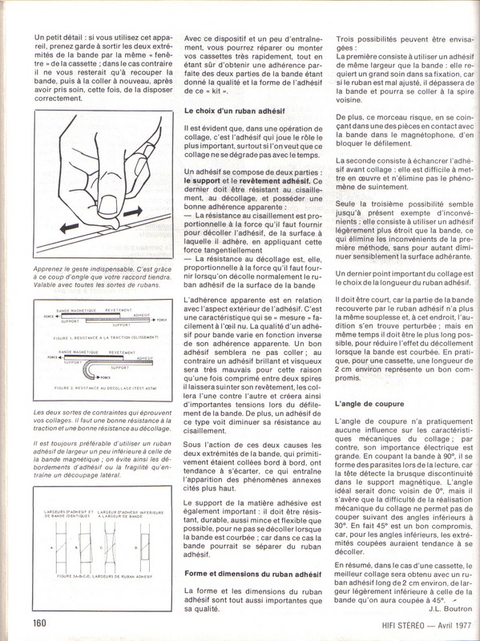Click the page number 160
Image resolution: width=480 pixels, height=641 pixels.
click(39, 623)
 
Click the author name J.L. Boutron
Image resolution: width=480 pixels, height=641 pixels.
click(450, 609)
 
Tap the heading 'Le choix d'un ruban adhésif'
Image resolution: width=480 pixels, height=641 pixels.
click(235, 111)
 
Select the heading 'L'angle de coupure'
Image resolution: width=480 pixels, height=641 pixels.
click(369, 404)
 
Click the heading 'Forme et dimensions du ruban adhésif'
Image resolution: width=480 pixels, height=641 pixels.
click(252, 574)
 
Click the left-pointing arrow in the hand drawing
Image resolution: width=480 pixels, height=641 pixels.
click(69, 228)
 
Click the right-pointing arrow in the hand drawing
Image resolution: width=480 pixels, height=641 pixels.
click(133, 212)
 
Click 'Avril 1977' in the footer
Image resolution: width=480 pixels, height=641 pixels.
click(454, 625)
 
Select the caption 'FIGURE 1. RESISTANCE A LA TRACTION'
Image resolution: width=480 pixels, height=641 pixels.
click(106, 337)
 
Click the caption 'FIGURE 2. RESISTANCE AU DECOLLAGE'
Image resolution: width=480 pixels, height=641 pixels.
click(105, 388)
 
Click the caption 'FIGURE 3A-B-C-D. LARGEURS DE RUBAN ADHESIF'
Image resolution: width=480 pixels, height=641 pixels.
click(104, 576)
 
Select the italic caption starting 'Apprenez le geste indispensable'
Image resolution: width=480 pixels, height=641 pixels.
click(103, 276)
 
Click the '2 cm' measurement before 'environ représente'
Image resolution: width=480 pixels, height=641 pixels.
click(343, 369)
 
